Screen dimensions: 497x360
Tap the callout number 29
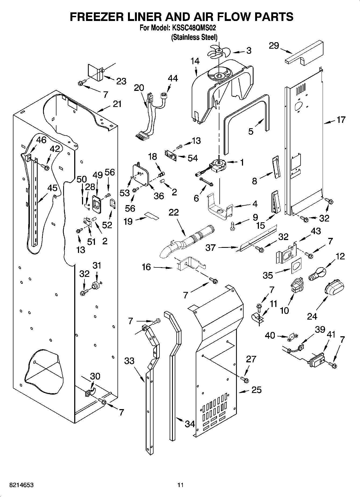coord(274,46)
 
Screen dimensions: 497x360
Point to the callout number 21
coord(117,104)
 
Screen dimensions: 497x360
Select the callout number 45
coord(52,188)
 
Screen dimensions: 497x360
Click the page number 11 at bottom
coord(180,485)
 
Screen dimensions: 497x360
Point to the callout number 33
coord(129,361)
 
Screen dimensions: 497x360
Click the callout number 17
coord(341,120)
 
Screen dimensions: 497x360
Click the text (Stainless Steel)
coord(194,37)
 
